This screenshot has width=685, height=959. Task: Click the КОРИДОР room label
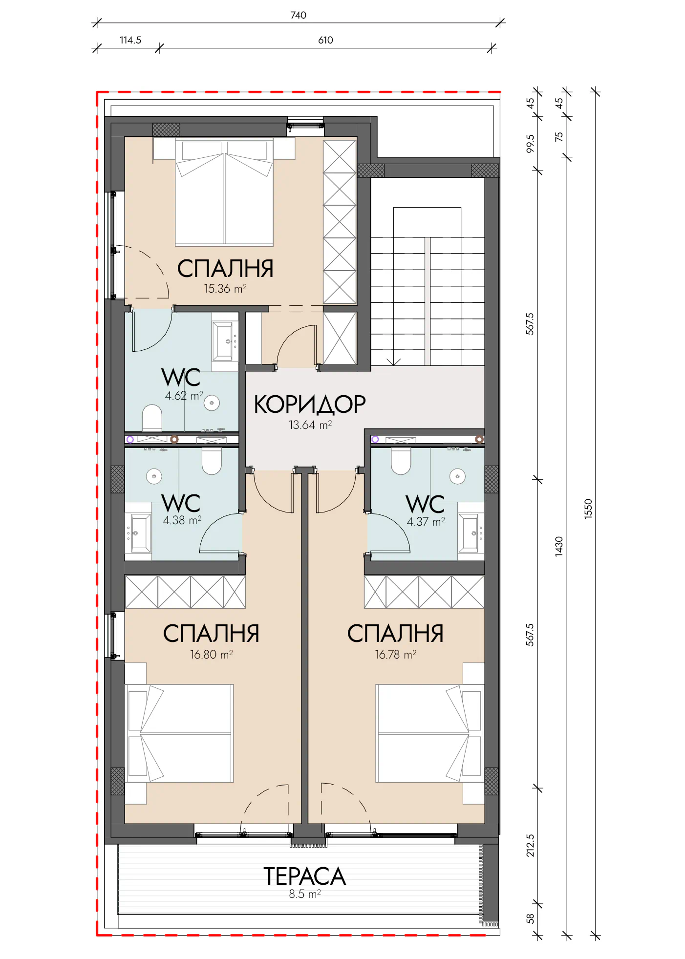pos(310,405)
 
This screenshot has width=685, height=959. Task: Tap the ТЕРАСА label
pos(304,876)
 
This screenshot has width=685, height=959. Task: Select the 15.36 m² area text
pos(225,289)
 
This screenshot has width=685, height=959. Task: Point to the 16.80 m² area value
pos(211,654)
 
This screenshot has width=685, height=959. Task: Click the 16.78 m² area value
pos(395,654)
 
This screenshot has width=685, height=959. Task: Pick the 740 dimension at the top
pos(298,15)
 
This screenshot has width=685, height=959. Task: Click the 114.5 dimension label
pos(130,40)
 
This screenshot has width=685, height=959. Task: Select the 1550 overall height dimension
pos(588,509)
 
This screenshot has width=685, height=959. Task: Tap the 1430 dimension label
pos(559,546)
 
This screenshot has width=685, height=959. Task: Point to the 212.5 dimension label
pos(530,846)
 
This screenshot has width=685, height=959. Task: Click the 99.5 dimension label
pos(530,144)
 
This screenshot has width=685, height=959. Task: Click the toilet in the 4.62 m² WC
pos(152,418)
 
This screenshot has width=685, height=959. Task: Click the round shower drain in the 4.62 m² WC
pos(212,403)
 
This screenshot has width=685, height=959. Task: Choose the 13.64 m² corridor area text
pos(310,425)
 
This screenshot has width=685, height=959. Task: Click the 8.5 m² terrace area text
pos(304,894)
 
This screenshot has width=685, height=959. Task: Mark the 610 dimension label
pos(325,40)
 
